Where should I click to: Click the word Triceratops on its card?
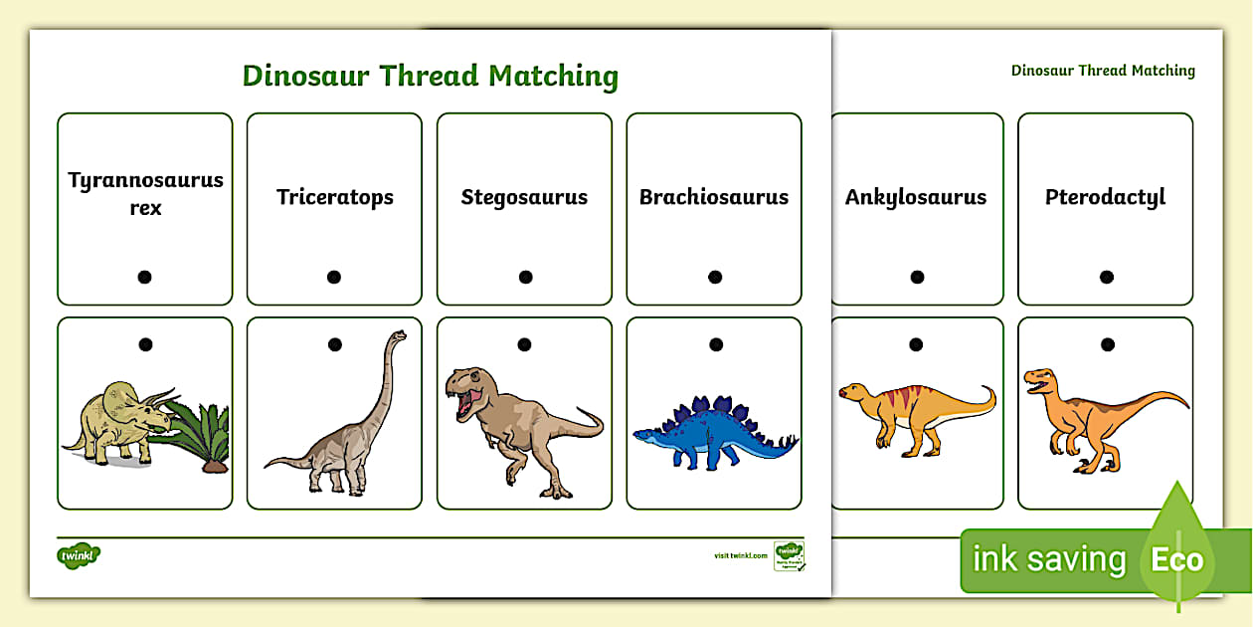(334, 197)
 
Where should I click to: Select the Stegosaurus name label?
(524, 197)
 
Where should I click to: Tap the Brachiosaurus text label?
(714, 197)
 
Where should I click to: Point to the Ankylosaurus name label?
(916, 197)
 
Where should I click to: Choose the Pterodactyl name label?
(1105, 197)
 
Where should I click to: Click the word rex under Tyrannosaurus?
(145, 209)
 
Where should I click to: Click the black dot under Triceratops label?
(334, 277)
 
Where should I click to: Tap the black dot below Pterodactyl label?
(1106, 277)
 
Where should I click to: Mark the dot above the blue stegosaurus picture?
(715, 345)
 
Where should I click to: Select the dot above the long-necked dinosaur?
(335, 345)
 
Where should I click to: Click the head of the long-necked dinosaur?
(397, 335)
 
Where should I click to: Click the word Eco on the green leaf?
(1177, 559)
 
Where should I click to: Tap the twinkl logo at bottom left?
(80, 554)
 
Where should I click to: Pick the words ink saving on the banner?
(1048, 559)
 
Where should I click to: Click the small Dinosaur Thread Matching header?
(1103, 71)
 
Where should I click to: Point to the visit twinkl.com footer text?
(740, 555)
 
